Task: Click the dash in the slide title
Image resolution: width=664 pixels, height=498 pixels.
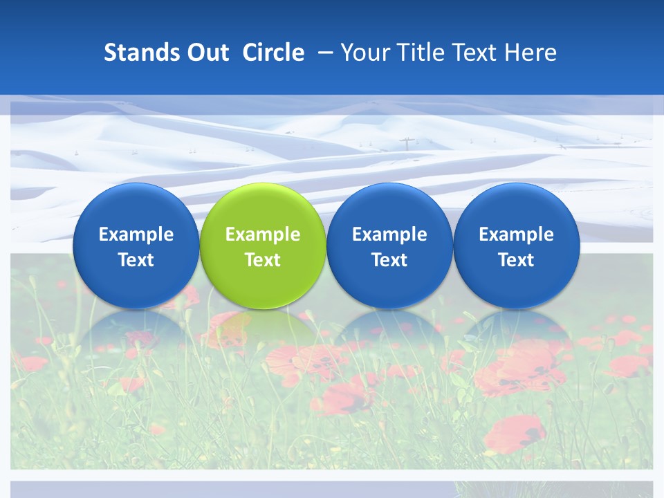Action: coord(324,53)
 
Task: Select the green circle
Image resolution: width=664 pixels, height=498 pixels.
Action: coord(263,246)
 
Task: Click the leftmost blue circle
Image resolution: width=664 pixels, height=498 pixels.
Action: coord(136,246)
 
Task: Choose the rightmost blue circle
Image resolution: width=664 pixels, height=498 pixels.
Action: coord(516,246)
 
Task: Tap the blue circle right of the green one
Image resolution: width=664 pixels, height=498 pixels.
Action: coord(389,246)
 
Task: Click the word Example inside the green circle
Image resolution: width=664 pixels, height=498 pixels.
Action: coord(263,234)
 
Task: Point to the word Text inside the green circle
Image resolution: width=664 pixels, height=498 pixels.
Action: coord(263,260)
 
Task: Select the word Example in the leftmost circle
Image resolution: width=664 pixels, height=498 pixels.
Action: coord(136,234)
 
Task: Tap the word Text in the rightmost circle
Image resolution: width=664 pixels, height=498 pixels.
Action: coord(516,260)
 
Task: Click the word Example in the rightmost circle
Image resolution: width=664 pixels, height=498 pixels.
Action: coord(516,234)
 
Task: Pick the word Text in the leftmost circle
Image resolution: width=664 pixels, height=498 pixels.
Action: coord(136,260)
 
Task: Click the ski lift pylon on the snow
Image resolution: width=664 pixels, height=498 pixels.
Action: coord(405,144)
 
